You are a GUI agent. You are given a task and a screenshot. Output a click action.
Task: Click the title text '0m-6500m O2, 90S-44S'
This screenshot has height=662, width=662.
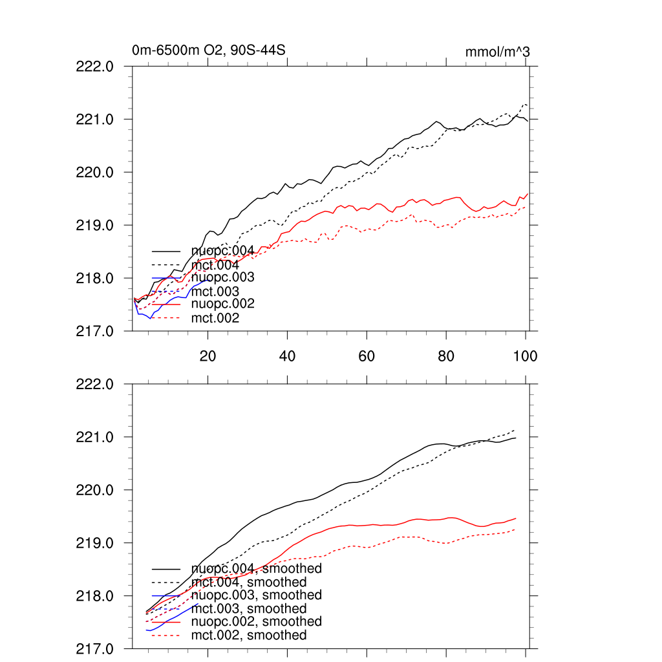click(x=199, y=51)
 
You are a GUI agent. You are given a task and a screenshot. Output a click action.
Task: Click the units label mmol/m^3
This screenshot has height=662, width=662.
click(x=497, y=52)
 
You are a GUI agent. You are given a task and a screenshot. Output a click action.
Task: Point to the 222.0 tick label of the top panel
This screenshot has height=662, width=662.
click(x=96, y=66)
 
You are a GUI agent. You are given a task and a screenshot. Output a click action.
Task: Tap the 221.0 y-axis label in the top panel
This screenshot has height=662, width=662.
click(x=96, y=119)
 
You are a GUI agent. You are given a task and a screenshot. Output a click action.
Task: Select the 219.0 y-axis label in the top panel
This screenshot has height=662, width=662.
click(x=96, y=225)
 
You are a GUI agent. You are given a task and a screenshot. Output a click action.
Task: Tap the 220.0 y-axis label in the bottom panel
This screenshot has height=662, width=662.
click(x=96, y=490)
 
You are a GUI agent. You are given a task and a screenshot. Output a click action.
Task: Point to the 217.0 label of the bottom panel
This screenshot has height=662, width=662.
click(x=96, y=648)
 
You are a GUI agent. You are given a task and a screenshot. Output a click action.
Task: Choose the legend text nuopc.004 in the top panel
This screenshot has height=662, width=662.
click(x=218, y=251)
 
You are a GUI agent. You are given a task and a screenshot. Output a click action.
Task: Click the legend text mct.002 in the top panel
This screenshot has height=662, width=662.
click(x=215, y=318)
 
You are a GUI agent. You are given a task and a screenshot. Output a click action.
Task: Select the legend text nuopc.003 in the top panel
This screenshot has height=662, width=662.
click(x=222, y=277)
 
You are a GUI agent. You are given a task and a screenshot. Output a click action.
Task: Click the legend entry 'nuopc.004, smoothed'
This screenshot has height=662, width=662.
click(x=256, y=569)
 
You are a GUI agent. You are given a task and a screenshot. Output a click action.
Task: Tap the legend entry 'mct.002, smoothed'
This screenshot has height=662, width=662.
click(x=249, y=635)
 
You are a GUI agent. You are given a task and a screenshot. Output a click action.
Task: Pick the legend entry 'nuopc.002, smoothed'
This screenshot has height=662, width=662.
click(x=256, y=621)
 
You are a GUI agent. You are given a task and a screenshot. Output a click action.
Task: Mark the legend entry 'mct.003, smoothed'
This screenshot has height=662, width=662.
click(x=249, y=608)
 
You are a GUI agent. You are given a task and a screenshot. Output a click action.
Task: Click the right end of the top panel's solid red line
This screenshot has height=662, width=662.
click(x=528, y=193)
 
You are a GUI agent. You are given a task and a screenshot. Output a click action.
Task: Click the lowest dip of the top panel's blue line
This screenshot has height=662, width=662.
click(x=150, y=318)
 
